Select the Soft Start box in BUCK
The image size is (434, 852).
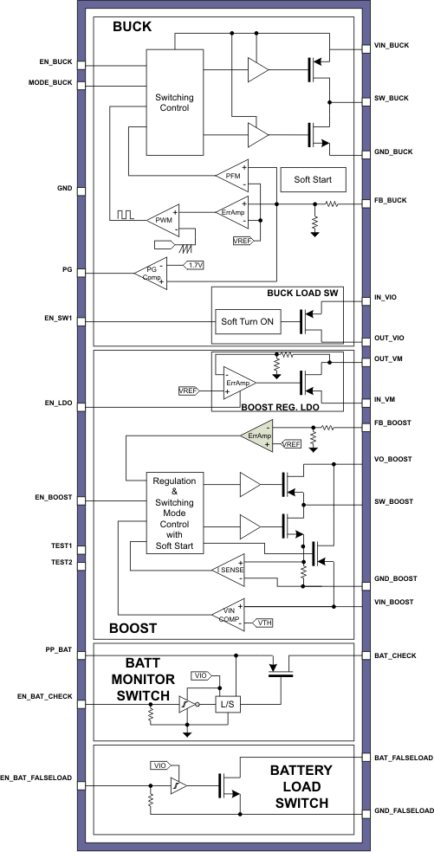pos(313,180)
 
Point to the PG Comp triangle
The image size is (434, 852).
pos(151,273)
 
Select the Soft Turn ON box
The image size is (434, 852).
pos(247,322)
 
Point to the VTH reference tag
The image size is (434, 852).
pos(263,623)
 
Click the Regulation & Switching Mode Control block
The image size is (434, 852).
pos(175,513)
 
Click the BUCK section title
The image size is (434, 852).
pos(132,27)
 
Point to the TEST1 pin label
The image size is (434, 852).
pos(62,546)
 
